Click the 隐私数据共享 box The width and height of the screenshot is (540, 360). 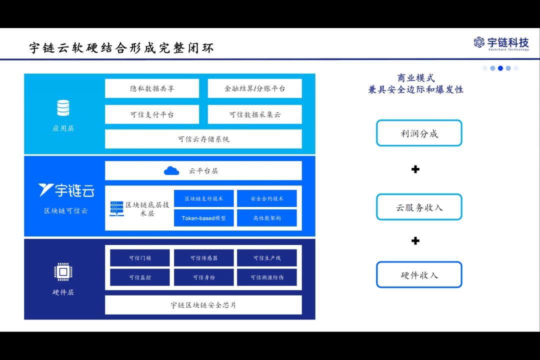[x=152, y=88]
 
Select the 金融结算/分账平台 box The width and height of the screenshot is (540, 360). [x=254, y=88]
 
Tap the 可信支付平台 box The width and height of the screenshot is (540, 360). [x=152, y=114]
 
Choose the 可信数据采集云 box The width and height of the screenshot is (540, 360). [x=254, y=114]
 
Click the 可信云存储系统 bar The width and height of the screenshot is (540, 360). [x=203, y=139]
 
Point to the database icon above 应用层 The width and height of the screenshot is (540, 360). [x=63, y=108]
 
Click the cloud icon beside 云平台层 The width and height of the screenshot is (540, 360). [x=171, y=170]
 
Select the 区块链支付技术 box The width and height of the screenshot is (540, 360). [x=204, y=198]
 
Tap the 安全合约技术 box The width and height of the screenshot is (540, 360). [x=266, y=198]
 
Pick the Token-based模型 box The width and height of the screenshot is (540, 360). [x=204, y=218]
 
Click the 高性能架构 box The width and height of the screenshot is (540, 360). [x=266, y=218]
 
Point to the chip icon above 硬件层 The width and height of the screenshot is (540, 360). [x=63, y=272]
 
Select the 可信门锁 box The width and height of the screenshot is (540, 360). [x=140, y=258]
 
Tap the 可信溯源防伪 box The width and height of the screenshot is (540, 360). [x=266, y=277]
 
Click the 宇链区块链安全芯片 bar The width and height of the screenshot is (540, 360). [x=203, y=305]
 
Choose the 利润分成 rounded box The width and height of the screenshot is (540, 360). [x=419, y=133]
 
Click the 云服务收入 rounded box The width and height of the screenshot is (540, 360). [x=419, y=207]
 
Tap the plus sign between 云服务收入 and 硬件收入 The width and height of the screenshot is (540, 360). [x=415, y=241]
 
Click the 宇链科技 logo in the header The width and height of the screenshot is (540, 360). [x=501, y=43]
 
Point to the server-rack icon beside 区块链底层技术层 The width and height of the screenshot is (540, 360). [x=116, y=208]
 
